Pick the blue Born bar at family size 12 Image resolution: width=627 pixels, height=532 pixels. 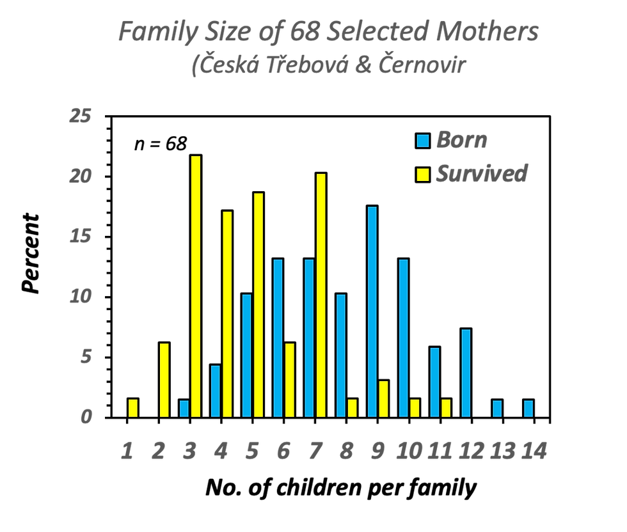pyautogui.click(x=466, y=373)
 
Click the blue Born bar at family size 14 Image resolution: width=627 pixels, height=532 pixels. pyautogui.click(x=528, y=409)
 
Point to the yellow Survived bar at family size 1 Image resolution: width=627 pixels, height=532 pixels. pyautogui.click(x=133, y=409)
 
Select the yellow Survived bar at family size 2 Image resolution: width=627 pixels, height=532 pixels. pyautogui.click(x=164, y=380)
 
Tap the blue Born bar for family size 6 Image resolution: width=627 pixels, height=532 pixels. pyautogui.click(x=278, y=338)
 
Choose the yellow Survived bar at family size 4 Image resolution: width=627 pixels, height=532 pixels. pyautogui.click(x=227, y=314)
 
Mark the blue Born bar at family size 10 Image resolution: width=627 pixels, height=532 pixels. pyautogui.click(x=404, y=338)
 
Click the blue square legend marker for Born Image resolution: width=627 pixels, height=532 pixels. pyautogui.click(x=423, y=140)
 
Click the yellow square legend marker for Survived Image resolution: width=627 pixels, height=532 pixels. pyautogui.click(x=423, y=173)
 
